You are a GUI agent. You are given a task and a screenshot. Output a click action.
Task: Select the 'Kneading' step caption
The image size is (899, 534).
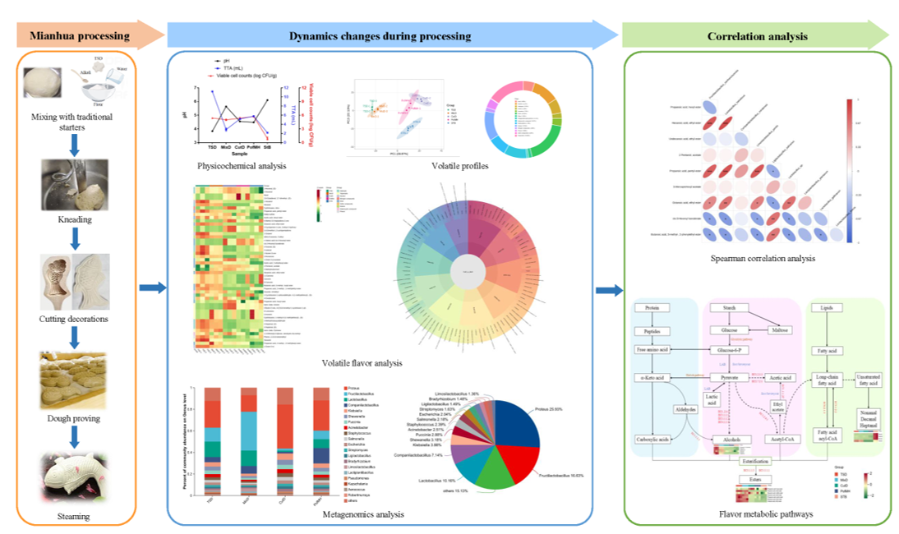tap(74, 220)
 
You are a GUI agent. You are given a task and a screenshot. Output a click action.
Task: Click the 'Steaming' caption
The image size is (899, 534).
tap(74, 516)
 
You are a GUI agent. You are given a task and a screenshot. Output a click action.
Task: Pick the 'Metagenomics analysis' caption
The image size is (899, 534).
tap(363, 514)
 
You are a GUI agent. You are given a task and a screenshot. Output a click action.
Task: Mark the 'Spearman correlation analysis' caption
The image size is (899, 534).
tap(763, 259)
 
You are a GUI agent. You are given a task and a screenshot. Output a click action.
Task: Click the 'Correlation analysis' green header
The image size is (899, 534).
tap(755, 36)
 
